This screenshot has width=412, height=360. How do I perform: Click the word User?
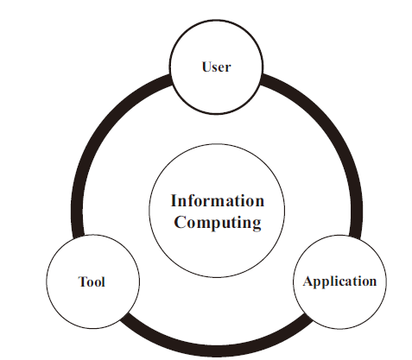[216, 66]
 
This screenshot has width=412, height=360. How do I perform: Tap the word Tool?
[92, 281]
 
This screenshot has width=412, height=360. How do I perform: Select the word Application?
[339, 281]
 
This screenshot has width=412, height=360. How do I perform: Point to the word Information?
[218, 200]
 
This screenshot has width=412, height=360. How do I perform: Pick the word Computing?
[218, 223]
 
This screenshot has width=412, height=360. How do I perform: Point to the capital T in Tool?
[82, 281]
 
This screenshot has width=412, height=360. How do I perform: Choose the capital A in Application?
[308, 281]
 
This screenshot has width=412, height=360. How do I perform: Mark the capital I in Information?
[174, 200]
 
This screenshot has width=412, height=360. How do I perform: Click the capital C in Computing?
[180, 222]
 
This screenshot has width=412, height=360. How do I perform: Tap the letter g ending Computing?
[257, 224]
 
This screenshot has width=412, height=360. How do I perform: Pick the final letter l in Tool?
[103, 281]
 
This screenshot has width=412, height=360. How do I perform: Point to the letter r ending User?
[227, 68]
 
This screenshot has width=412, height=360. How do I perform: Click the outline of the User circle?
[169, 66]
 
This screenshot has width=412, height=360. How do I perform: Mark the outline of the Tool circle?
[46, 281]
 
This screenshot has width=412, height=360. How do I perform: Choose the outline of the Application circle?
[387, 281]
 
